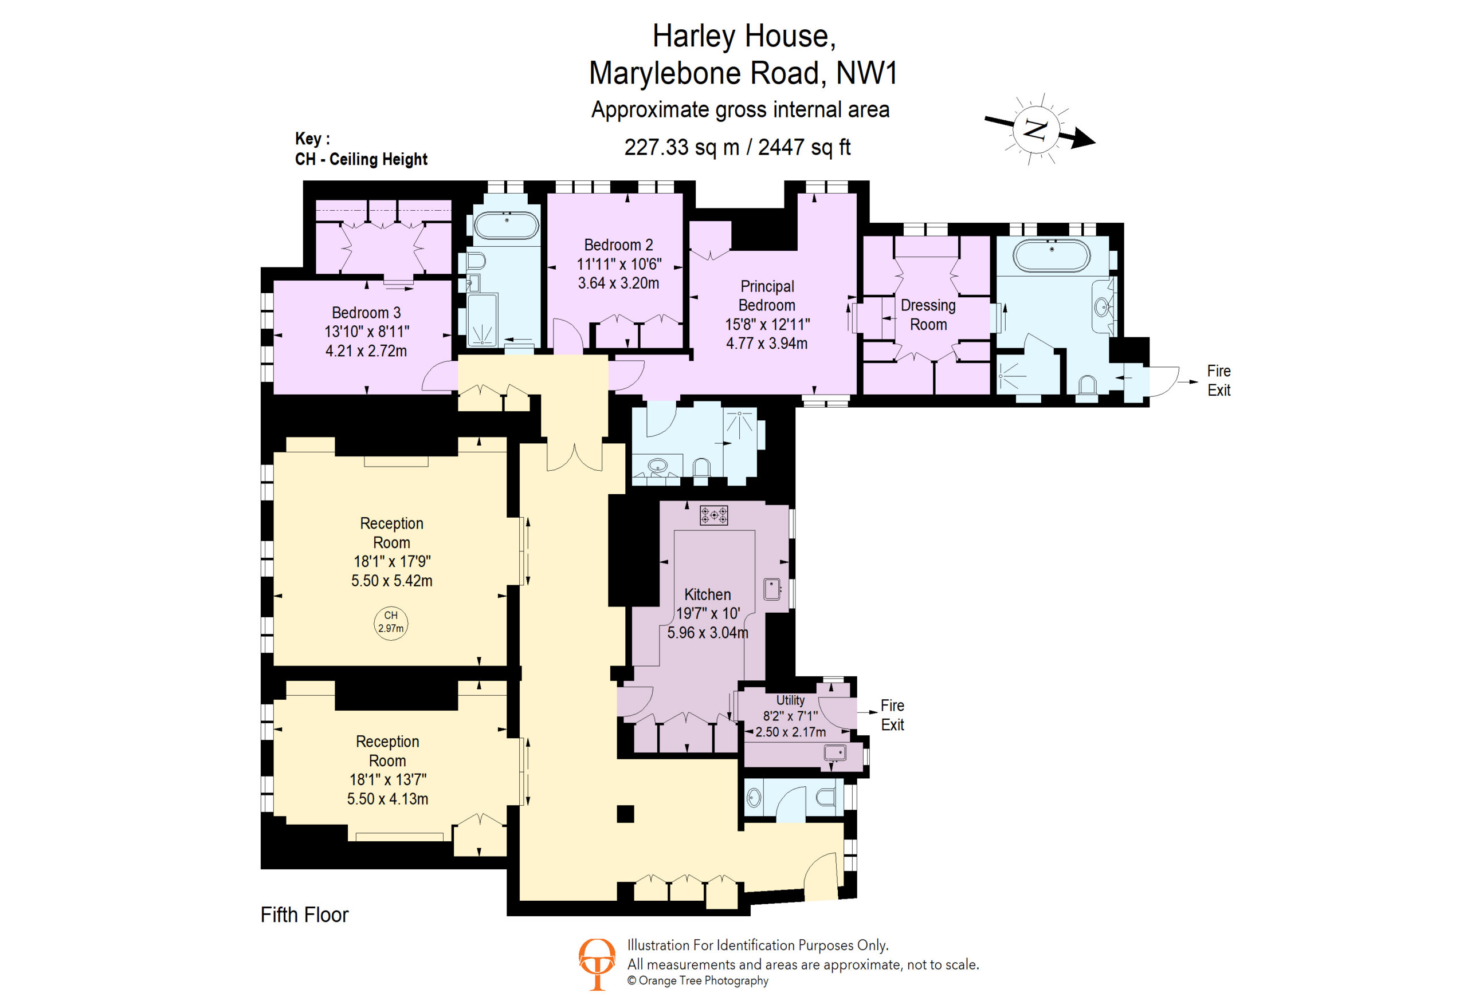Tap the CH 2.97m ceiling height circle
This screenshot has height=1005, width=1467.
click(391, 622)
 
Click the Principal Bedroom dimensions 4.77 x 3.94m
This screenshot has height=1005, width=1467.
click(766, 343)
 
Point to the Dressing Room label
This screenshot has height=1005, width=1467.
click(928, 314)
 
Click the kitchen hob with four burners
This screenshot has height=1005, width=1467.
click(714, 515)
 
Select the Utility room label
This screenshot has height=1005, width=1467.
click(790, 700)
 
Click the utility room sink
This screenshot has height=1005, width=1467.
click(834, 752)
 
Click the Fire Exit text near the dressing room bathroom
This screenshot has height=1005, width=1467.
click(1219, 380)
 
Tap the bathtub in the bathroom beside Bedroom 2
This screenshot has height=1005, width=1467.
click(506, 225)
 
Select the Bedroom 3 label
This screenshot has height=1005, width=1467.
click(366, 312)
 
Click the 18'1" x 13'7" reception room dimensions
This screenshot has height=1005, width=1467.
click(387, 779)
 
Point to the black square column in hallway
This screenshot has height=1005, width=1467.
click(625, 814)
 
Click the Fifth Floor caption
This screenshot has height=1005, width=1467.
click(304, 914)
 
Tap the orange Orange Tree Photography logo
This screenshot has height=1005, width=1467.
click(597, 964)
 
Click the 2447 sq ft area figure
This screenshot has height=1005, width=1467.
click(804, 147)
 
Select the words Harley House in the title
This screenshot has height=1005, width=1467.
click(744, 36)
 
